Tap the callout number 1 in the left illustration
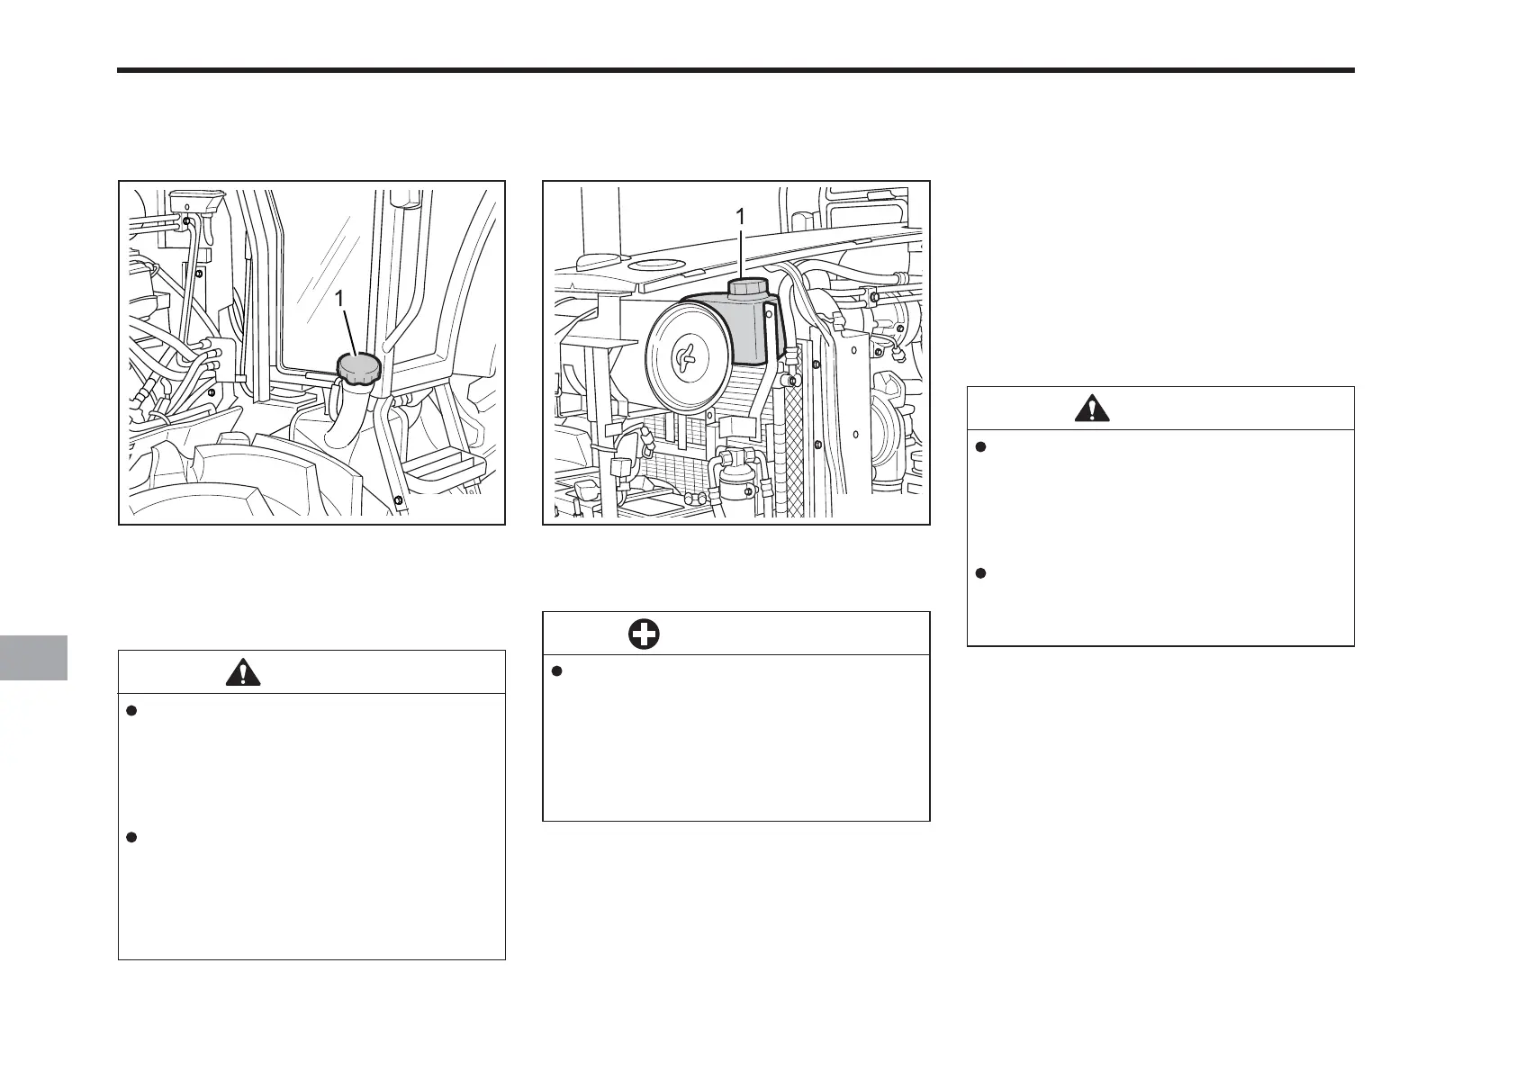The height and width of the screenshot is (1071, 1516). click(340, 298)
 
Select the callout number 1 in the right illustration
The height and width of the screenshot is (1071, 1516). click(740, 217)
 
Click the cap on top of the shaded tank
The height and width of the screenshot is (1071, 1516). click(746, 289)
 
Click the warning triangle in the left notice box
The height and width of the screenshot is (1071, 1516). click(244, 672)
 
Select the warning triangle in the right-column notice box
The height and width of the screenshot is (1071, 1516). click(1092, 409)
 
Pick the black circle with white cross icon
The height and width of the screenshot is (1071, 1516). click(644, 634)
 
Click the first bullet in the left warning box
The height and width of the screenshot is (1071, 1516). click(131, 711)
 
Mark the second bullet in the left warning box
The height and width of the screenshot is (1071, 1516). click(131, 838)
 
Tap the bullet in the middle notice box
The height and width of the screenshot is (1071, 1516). click(555, 671)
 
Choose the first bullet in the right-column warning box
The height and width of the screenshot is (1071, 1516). click(980, 446)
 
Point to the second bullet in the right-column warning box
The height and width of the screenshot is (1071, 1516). click(980, 573)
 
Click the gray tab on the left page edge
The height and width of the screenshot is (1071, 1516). click(33, 657)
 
